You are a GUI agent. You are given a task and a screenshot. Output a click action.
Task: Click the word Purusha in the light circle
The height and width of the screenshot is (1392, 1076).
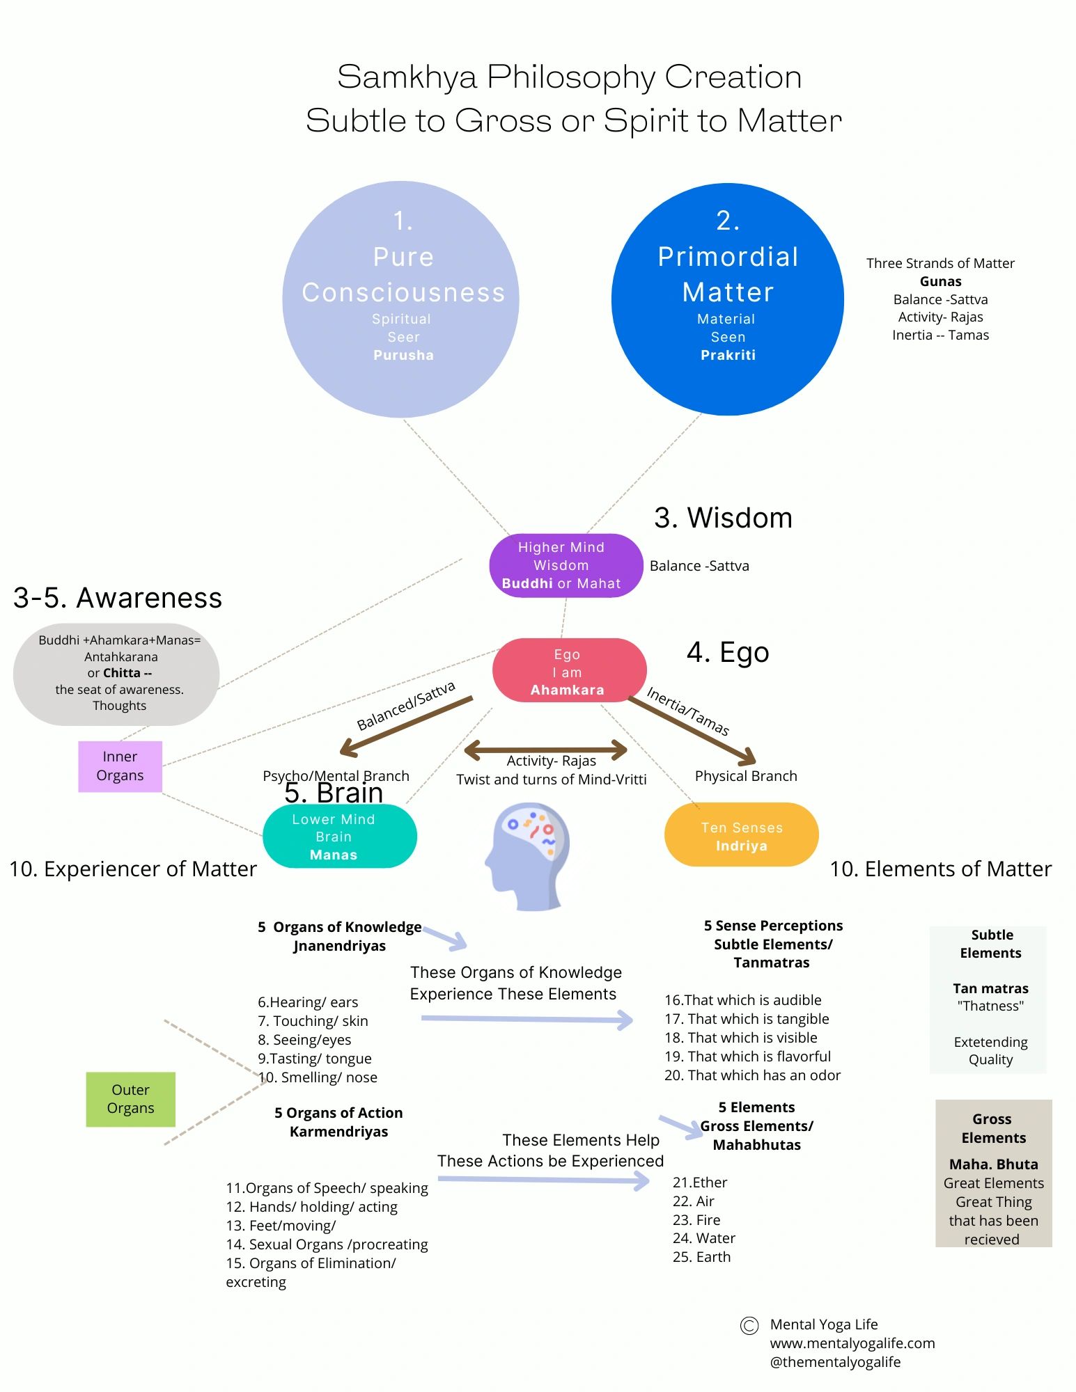(x=403, y=355)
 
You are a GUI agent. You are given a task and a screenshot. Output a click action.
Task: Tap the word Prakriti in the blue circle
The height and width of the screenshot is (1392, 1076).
(x=728, y=355)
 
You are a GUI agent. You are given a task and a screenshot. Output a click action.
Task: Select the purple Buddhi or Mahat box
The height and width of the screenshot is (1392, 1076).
(x=566, y=566)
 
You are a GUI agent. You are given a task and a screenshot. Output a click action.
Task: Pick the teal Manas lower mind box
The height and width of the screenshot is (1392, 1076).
(x=339, y=836)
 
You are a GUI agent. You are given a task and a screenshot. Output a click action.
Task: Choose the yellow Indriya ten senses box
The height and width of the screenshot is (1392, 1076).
(x=741, y=835)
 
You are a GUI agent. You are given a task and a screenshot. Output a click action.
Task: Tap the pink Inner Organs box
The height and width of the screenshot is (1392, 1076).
(x=120, y=766)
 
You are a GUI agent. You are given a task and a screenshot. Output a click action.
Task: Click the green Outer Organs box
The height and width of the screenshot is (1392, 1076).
(x=130, y=1099)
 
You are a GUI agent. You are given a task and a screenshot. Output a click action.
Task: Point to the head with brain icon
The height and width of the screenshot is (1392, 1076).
(x=527, y=856)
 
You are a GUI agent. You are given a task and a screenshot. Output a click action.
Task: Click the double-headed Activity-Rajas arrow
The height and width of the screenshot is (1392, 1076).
(x=545, y=750)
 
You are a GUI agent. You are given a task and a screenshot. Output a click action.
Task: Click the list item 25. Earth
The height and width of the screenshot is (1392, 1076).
(x=701, y=1257)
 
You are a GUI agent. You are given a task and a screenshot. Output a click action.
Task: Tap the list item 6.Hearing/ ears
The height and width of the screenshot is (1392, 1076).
(x=308, y=1002)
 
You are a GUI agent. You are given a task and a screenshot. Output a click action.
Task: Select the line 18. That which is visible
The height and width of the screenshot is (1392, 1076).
(x=740, y=1038)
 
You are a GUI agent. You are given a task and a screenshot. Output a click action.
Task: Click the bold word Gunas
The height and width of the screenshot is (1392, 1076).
(x=940, y=281)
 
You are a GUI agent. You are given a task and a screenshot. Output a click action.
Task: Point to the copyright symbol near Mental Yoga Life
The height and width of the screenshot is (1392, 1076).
(x=749, y=1326)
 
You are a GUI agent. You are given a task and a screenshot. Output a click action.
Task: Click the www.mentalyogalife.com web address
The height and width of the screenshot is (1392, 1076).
(x=852, y=1343)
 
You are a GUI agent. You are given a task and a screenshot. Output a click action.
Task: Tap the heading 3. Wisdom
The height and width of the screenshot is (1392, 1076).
(x=723, y=518)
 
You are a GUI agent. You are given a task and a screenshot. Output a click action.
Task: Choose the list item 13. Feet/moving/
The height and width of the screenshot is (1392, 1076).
(x=281, y=1226)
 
